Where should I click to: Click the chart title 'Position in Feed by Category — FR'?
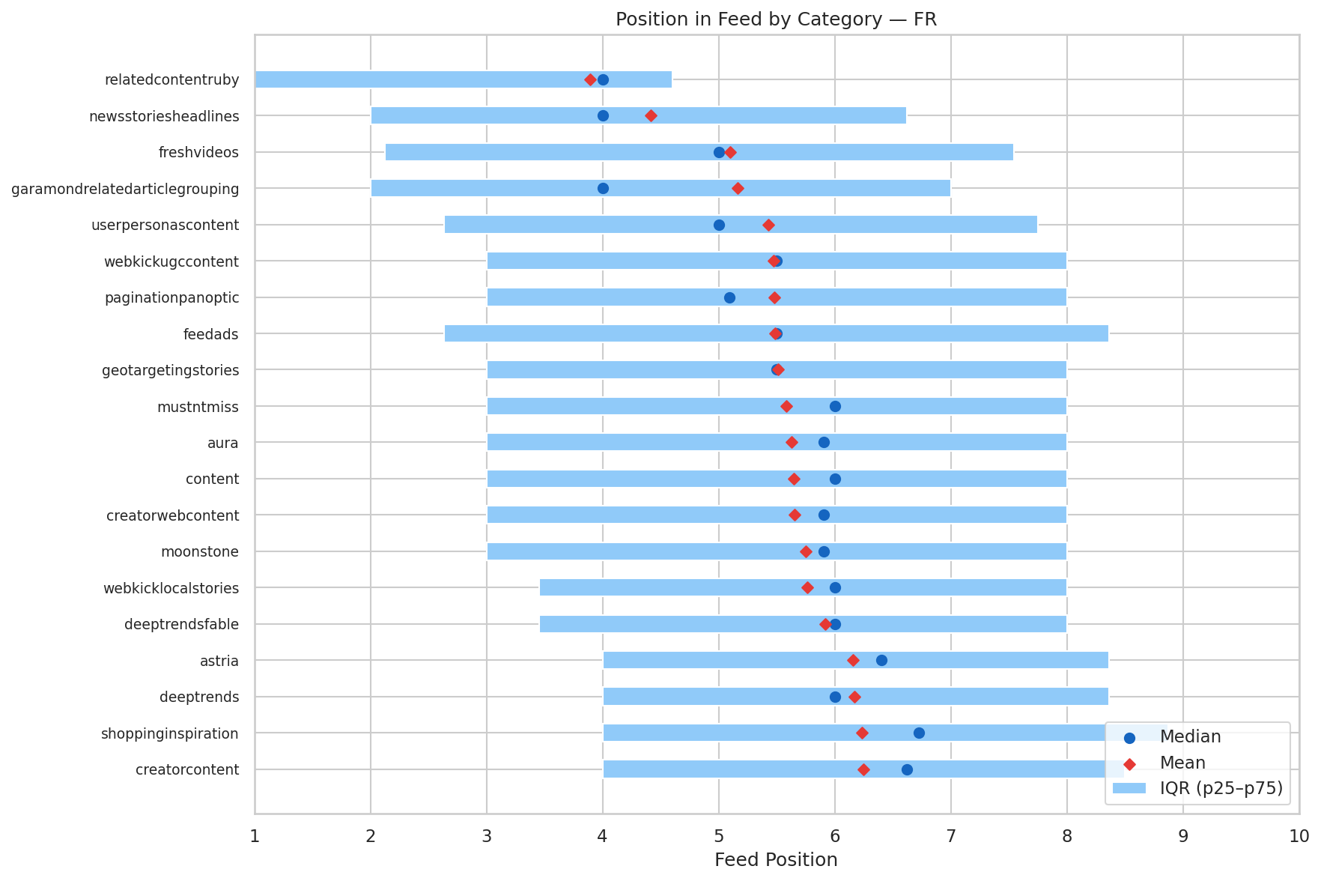(x=776, y=19)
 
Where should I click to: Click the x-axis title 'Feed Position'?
(x=776, y=859)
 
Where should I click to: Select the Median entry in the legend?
(x=1190, y=737)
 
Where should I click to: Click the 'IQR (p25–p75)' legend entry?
(x=1221, y=787)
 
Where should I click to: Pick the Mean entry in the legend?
(x=1182, y=763)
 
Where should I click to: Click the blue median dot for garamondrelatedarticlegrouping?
(x=603, y=189)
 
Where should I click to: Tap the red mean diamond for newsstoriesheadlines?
(x=651, y=116)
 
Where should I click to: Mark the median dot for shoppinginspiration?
(x=919, y=733)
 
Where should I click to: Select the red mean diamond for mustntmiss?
(x=786, y=407)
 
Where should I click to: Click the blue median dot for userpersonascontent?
(x=719, y=225)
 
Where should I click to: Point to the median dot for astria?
(x=881, y=661)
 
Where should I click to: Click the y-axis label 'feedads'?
(x=210, y=334)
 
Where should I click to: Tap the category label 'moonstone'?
(x=199, y=552)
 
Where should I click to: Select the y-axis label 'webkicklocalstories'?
(x=171, y=588)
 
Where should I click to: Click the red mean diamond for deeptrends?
(x=854, y=697)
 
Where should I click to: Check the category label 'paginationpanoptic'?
(x=171, y=298)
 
